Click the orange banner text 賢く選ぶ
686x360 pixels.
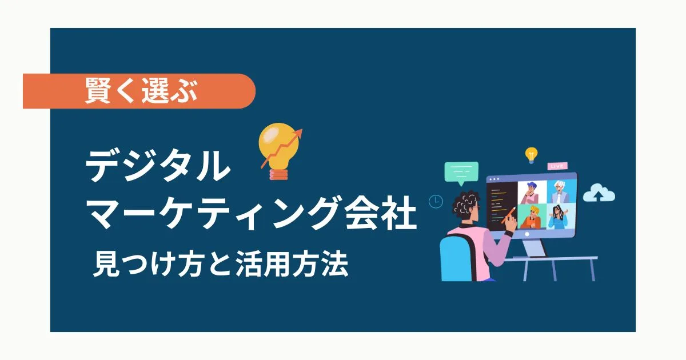pos(141,91)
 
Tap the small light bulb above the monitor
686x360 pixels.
pos(532,154)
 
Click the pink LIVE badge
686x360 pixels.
pos(557,166)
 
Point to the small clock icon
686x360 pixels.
pos(436,201)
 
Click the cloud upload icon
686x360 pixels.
pos(599,194)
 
